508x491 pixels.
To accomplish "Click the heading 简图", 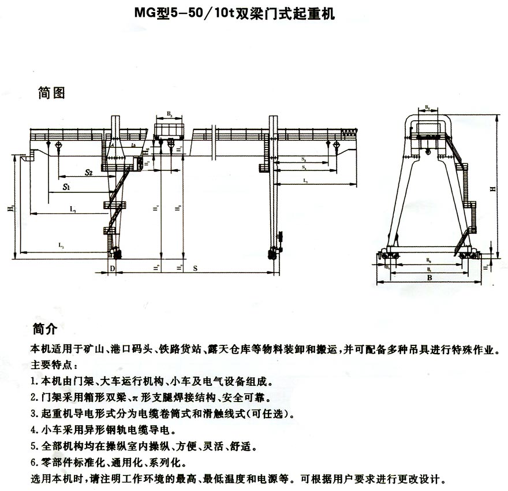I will pyautogui.click(x=51, y=93).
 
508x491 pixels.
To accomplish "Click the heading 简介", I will pyautogui.click(x=44, y=330).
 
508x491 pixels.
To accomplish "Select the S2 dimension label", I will pyautogui.click(x=88, y=172).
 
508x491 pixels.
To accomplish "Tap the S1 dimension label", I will pyautogui.click(x=68, y=188).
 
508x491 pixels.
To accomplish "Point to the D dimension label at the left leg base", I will pyautogui.click(x=113, y=269).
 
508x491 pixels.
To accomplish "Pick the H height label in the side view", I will pyautogui.click(x=492, y=188).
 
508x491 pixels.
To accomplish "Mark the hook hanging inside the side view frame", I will pyautogui.click(x=427, y=152).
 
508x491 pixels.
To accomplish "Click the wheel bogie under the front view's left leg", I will pyautogui.click(x=115, y=252).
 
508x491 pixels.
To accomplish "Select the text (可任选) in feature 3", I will pyautogui.click(x=273, y=414).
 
